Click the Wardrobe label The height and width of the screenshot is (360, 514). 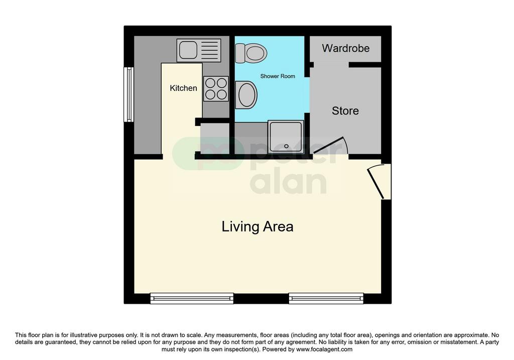(x=345, y=48)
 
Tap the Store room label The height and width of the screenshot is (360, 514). (x=345, y=111)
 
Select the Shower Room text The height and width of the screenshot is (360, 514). (x=278, y=76)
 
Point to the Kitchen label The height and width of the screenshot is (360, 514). (x=183, y=88)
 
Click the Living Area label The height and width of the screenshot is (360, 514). (x=258, y=226)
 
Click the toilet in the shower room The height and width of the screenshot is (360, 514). (x=251, y=53)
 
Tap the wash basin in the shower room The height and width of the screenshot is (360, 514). (x=246, y=95)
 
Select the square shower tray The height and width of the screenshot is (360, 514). (x=286, y=137)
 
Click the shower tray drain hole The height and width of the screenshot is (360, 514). (x=286, y=146)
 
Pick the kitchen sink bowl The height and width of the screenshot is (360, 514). (x=188, y=50)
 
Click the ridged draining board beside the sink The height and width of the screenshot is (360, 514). (x=209, y=50)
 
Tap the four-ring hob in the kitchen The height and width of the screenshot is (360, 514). (x=216, y=89)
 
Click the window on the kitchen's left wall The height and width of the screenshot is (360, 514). (x=128, y=94)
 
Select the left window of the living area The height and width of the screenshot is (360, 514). (x=192, y=298)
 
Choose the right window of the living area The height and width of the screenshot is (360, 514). (x=326, y=298)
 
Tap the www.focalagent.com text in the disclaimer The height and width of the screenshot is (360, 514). (x=324, y=349)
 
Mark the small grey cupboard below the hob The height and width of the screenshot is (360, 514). (x=215, y=138)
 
